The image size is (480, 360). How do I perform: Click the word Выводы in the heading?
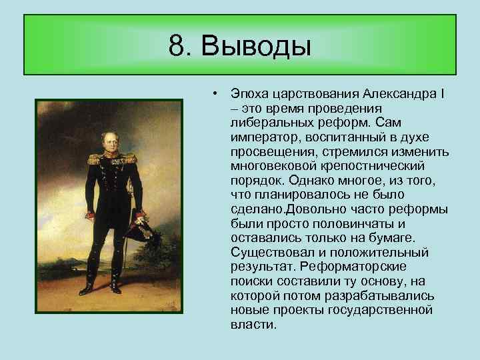(256, 46)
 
